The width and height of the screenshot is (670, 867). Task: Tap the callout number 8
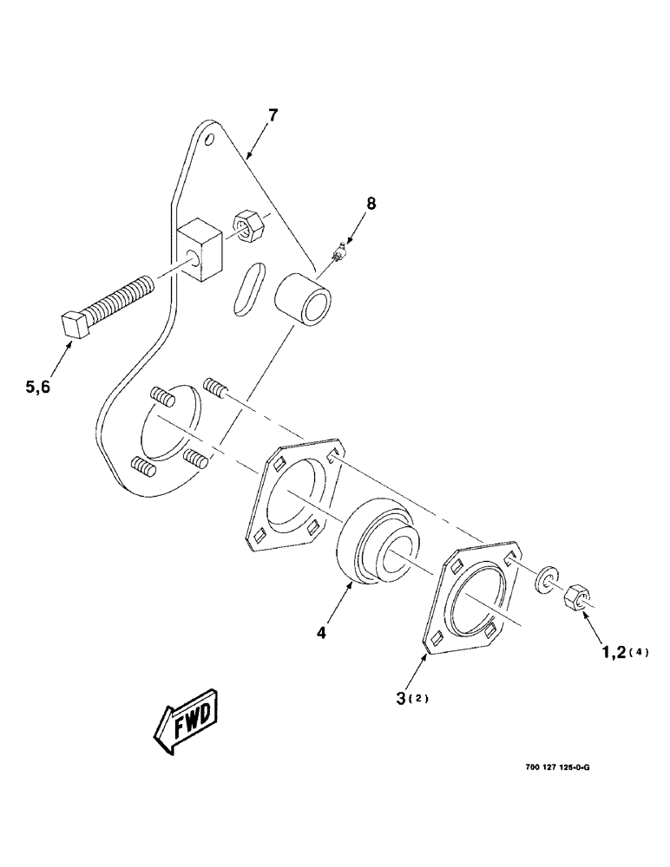point(371,205)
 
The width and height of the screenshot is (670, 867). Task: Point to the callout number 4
point(321,634)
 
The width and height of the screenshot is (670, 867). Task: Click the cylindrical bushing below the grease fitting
point(302,299)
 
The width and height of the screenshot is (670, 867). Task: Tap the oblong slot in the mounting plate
point(246,290)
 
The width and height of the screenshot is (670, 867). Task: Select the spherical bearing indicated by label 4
point(375,544)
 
